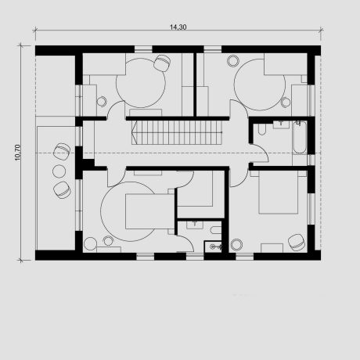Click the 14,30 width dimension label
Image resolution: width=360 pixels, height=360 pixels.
178,27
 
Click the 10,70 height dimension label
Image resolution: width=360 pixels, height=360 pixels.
18,153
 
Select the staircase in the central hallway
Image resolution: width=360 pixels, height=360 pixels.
177,132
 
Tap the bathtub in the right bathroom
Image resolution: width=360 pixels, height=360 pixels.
300,137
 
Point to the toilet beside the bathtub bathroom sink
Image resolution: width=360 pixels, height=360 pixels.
261,129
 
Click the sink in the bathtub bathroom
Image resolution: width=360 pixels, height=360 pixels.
281,124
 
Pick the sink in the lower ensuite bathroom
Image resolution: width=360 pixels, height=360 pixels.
195,225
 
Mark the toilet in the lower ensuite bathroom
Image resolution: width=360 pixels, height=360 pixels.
216,230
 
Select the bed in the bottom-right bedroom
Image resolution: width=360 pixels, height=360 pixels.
279,193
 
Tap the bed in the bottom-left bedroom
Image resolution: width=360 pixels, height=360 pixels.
149,211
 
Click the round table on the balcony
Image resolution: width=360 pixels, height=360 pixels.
59,171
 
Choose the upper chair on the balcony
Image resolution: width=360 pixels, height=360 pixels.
62,151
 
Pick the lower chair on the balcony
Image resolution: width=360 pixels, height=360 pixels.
62,189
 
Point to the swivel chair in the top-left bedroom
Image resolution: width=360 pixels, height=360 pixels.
162,63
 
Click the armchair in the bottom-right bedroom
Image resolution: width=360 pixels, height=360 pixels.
297,243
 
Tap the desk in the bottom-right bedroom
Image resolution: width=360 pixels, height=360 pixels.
272,248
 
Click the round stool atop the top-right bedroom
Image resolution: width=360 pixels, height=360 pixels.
233,60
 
